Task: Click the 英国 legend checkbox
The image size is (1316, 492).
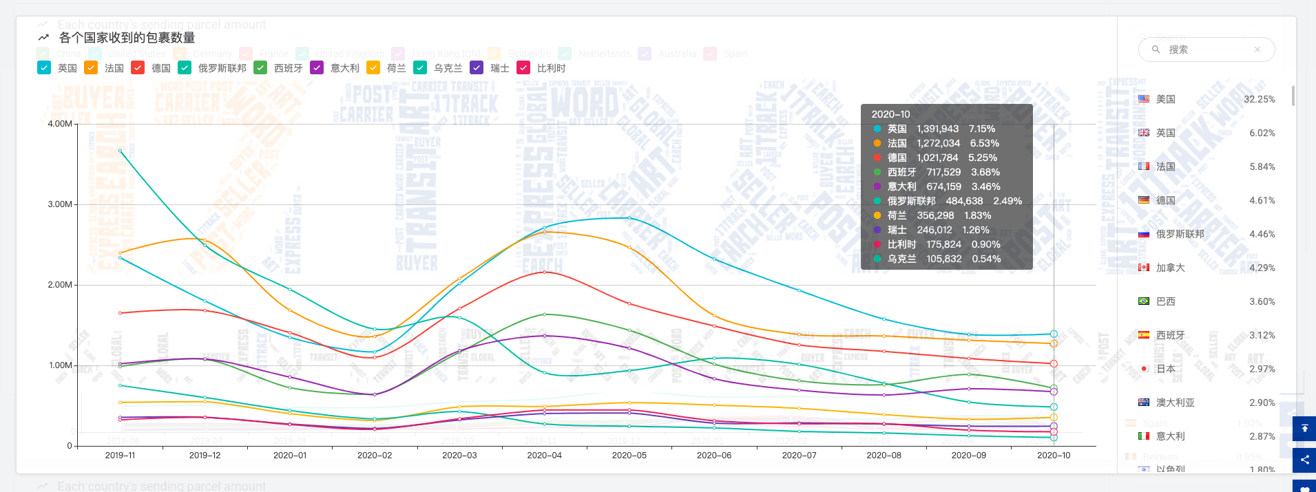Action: coord(44,67)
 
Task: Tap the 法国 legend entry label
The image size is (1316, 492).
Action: coord(114,68)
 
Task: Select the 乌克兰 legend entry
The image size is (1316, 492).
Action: coord(448,68)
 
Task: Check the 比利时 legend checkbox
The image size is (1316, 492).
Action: coord(523,67)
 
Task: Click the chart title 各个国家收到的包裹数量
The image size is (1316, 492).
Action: coord(127,38)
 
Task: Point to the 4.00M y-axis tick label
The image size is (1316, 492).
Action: coord(60,124)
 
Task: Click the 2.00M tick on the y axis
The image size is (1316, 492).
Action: coord(60,285)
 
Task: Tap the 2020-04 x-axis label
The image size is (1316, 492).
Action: coord(544,456)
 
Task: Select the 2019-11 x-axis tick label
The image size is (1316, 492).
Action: coord(120,456)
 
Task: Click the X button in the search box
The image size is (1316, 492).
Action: coord(1257,50)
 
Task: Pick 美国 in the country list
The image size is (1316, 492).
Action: coord(1165,99)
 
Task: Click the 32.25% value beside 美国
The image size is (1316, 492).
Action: coord(1259,99)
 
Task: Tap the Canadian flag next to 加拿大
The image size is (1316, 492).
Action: coord(1144,268)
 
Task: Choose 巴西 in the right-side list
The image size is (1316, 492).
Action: coord(1165,301)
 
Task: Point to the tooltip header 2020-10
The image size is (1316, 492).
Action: coord(890,114)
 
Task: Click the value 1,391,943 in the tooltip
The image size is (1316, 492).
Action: coord(937,129)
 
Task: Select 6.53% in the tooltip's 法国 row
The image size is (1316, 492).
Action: coord(984,143)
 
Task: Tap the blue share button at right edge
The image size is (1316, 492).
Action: coord(1304,460)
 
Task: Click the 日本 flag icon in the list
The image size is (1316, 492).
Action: coord(1144,369)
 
